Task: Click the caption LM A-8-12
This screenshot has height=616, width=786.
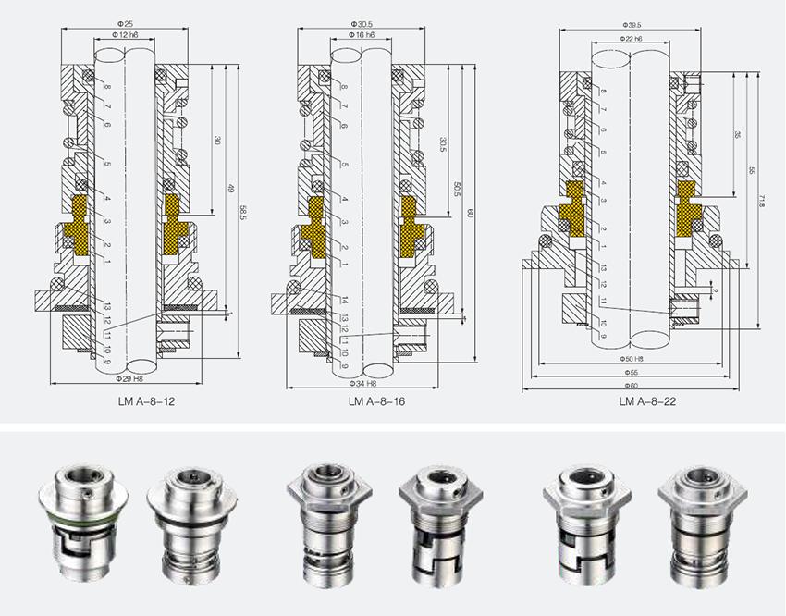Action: click(135, 401)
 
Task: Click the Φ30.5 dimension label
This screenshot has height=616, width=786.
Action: click(362, 21)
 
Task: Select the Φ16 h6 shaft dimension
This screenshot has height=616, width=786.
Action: click(362, 34)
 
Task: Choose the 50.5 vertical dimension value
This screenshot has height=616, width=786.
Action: click(458, 189)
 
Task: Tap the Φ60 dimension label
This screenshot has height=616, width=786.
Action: click(632, 384)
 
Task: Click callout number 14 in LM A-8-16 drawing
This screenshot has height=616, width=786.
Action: click(343, 302)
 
